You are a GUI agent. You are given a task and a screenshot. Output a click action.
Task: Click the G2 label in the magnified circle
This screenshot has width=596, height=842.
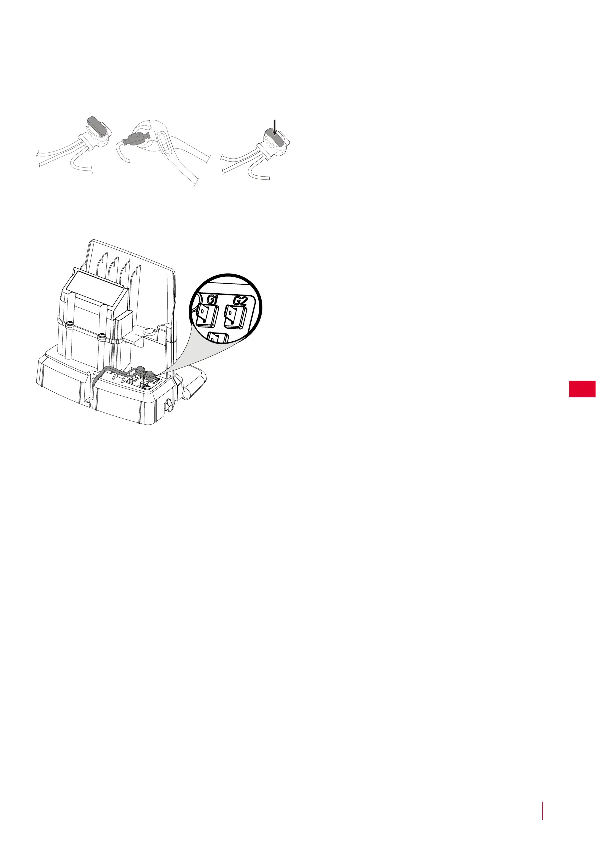coord(240,301)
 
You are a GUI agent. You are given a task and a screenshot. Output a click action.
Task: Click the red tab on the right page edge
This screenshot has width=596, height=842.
coord(582,389)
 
